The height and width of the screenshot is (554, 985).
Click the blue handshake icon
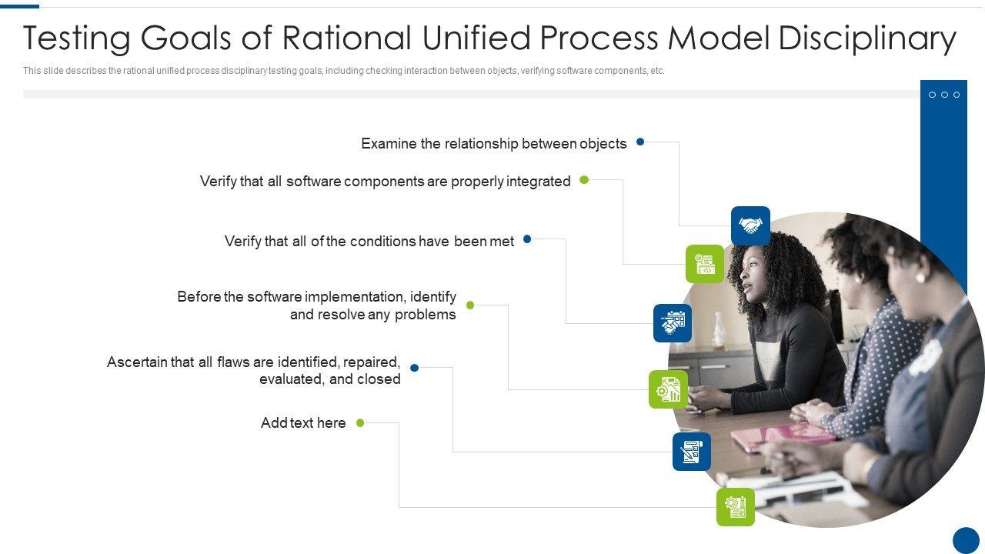coord(750,225)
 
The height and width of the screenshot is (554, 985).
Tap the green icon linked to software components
coord(705,264)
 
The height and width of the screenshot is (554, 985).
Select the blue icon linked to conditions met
coord(673,323)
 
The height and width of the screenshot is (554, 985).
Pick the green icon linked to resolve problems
coord(668,389)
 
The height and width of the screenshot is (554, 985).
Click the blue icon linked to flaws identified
coord(692,452)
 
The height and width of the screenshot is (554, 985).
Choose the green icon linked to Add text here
coord(736,507)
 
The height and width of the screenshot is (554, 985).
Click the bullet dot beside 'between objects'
coord(640,142)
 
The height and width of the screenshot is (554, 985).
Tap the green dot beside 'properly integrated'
coord(584,180)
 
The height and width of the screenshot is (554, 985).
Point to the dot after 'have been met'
coord(527,239)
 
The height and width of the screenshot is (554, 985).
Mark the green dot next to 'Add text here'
coord(360,422)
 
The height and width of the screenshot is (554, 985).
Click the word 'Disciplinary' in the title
coord(867,38)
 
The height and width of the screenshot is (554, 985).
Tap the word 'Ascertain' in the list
coord(138,362)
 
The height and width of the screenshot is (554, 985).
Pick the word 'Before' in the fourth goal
coord(199,297)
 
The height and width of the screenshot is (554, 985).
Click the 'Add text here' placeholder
coord(303,423)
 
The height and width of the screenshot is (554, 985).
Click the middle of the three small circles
coord(944,95)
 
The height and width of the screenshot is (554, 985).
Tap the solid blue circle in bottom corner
coord(966,540)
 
